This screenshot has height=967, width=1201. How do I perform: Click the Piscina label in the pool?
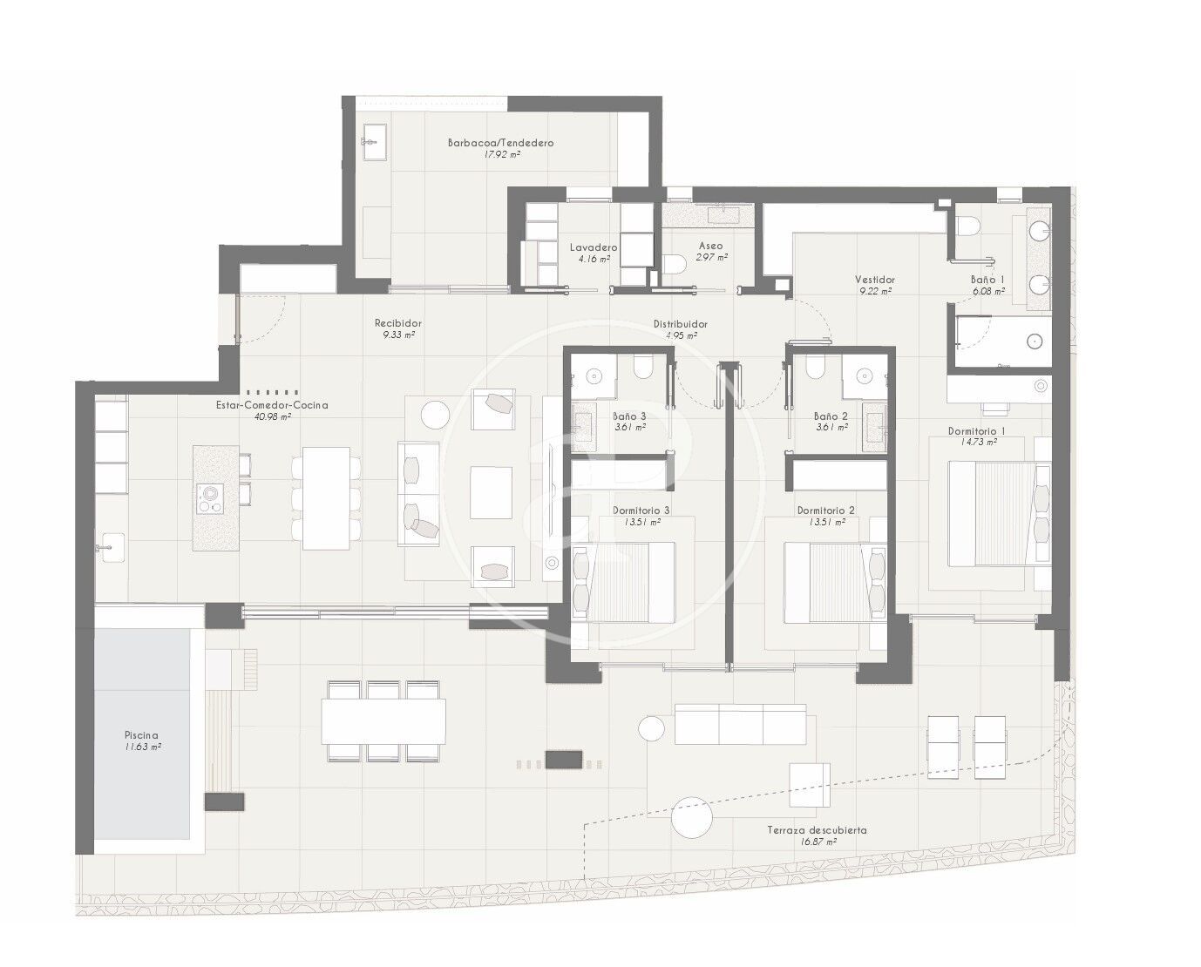pos(141,735)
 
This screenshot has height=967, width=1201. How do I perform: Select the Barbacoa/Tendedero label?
pos(500,143)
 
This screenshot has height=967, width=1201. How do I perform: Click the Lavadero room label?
pos(594,247)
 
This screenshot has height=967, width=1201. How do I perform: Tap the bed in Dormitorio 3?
pos(623,582)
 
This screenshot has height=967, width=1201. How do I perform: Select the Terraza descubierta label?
pos(817,829)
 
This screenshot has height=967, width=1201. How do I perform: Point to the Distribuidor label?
pos(681,324)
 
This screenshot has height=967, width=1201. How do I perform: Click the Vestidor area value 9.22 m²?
pos(875,291)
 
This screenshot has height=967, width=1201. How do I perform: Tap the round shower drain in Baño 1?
pos(1035,341)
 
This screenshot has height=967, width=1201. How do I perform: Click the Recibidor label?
pos(398,323)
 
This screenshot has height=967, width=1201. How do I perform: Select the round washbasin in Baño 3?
pos(594,375)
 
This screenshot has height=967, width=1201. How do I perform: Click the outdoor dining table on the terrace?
pos(383,721)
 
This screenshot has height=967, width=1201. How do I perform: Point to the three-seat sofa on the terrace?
pos(741,724)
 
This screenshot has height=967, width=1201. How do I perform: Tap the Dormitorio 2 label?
pos(825,511)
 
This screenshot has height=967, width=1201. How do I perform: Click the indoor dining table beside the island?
pos(326,498)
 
